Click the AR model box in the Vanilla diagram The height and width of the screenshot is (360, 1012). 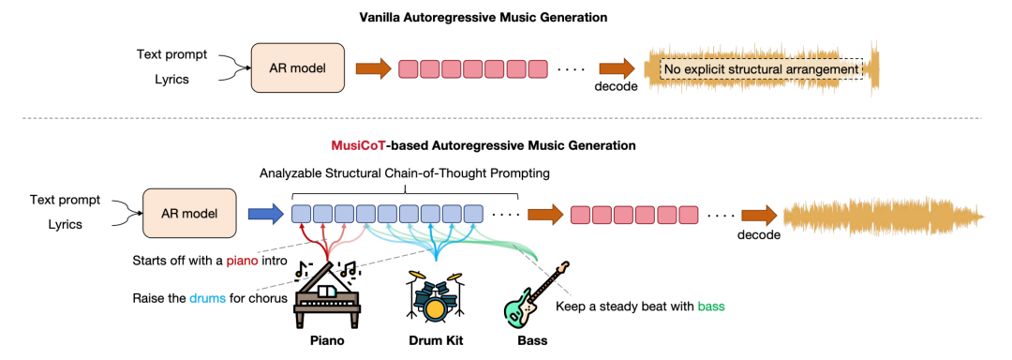298,67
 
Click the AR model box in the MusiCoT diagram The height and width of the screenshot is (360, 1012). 190,213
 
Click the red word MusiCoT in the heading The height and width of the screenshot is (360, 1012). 357,146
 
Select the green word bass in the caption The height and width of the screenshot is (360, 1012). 711,306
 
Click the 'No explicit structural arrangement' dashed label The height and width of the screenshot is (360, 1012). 761,69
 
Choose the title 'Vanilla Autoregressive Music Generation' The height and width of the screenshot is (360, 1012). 484,18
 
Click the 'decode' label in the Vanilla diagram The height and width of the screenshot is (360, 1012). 616,87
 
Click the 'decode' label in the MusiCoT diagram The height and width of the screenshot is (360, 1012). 759,234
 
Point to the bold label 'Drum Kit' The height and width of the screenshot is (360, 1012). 435,340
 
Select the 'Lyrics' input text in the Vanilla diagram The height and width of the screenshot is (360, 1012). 171,80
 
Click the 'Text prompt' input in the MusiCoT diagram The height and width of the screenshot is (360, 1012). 66,200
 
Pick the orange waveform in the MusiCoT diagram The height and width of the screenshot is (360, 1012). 885,214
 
